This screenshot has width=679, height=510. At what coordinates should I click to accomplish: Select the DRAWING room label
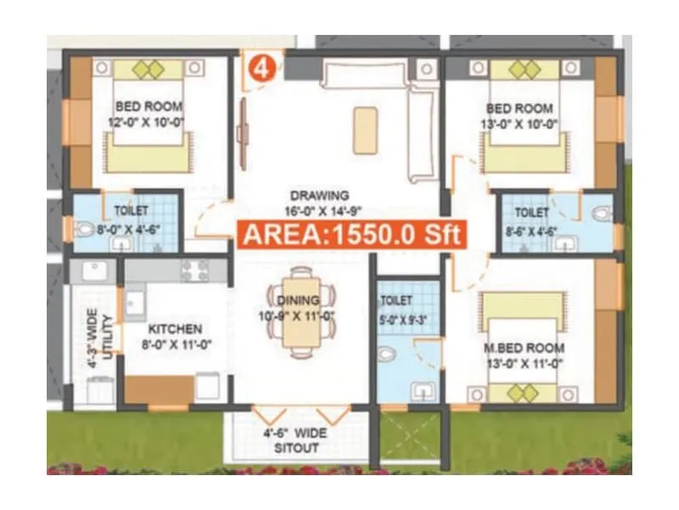(x=317, y=195)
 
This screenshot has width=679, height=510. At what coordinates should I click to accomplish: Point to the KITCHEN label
(x=175, y=328)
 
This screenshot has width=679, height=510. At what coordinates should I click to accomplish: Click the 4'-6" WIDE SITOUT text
(x=295, y=439)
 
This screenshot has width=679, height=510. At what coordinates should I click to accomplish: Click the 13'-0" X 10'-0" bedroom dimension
(x=520, y=124)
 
